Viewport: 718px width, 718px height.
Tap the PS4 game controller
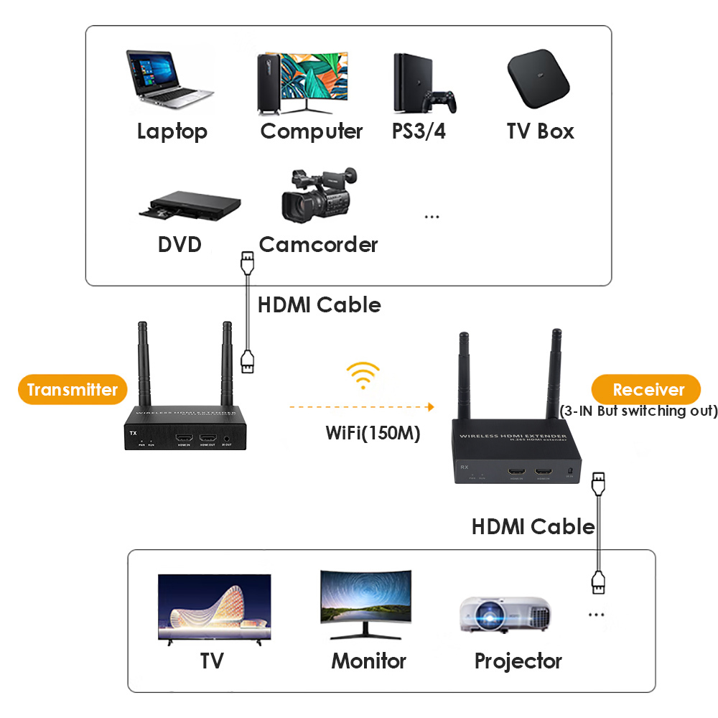click(439, 103)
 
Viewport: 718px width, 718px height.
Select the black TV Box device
click(538, 78)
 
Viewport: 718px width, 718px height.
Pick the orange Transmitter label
click(72, 390)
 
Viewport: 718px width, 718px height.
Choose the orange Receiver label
click(648, 390)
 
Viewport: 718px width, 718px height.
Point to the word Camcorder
click(318, 245)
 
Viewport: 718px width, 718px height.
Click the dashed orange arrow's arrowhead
click(430, 407)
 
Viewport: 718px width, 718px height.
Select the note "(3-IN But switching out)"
click(638, 411)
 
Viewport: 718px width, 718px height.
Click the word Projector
click(518, 661)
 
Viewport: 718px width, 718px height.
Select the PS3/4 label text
click(419, 132)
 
